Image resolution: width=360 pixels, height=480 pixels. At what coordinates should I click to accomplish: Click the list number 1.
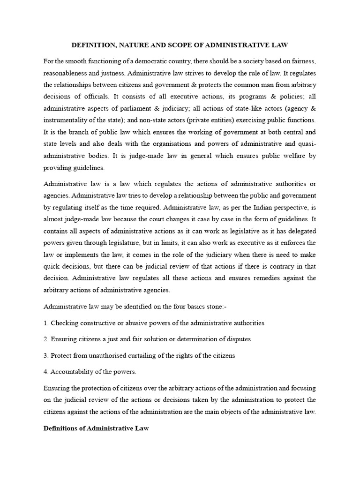pos(45,323)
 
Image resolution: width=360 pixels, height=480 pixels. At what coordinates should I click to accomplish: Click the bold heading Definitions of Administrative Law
pos(98,428)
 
